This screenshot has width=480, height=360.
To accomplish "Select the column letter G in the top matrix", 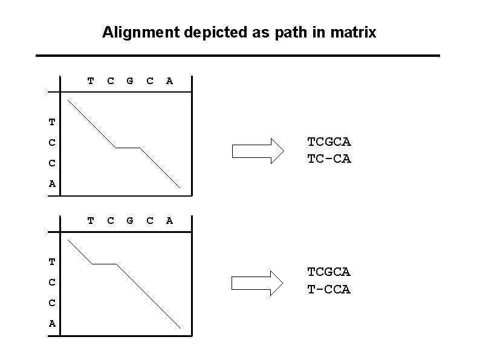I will point(130,80).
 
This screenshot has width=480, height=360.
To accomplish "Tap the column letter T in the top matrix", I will point(91,80).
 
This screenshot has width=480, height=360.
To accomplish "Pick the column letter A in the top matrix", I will point(169,80).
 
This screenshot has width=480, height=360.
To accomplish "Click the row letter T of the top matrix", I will point(52,122).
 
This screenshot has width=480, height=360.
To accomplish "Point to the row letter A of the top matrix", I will point(52,184).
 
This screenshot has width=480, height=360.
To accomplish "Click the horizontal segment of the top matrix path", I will point(128,148).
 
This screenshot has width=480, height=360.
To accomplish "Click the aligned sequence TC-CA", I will point(329,159).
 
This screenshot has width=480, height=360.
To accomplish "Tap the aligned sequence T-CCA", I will point(329,290).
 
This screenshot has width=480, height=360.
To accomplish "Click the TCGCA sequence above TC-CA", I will point(329,142).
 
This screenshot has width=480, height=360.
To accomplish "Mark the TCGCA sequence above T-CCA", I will point(329,273).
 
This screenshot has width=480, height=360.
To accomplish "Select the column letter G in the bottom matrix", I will point(130,221).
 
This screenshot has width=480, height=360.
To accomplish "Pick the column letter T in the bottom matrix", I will point(91,221).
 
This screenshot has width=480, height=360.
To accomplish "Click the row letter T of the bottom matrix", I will point(52,262).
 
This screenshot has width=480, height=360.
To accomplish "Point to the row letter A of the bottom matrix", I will point(52,324).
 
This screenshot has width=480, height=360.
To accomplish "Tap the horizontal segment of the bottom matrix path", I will point(104,264).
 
